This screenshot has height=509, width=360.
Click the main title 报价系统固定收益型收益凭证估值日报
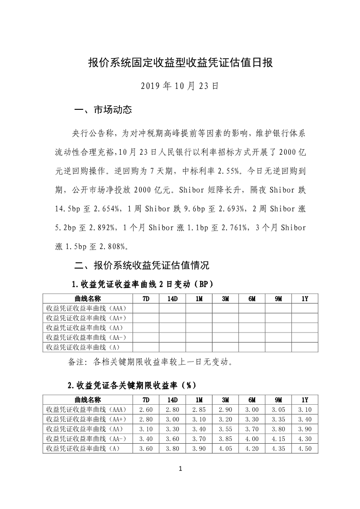[x=180, y=63]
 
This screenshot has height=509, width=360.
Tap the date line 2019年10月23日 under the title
[x=180, y=85]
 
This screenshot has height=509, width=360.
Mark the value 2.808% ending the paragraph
[x=112, y=247]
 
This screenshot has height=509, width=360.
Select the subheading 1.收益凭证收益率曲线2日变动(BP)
[x=142, y=284]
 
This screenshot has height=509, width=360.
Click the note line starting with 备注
[x=150, y=362]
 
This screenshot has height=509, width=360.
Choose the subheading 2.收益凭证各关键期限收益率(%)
[x=132, y=385]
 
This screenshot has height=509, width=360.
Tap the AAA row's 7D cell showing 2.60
[x=146, y=410]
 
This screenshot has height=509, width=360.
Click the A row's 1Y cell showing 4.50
[x=305, y=448]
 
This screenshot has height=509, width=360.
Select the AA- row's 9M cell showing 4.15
[x=278, y=439]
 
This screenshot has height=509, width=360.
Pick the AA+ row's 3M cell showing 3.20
[x=225, y=419]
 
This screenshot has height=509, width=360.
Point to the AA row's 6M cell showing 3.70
[x=252, y=429]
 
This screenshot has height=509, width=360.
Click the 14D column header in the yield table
[x=172, y=400]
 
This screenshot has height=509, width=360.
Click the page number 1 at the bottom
[x=180, y=469]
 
